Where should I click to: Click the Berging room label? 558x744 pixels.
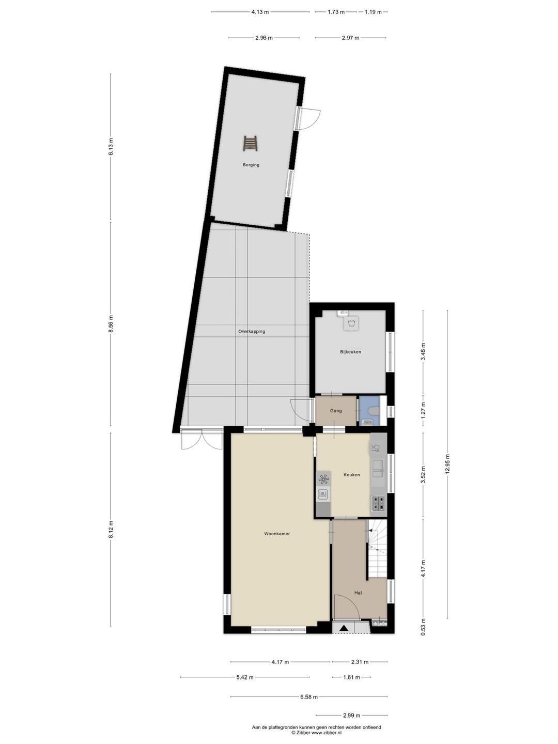pyautogui.click(x=251, y=165)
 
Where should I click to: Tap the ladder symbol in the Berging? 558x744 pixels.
pyautogui.click(x=250, y=144)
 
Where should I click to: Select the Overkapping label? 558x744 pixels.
pyautogui.click(x=252, y=332)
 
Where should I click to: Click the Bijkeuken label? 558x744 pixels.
pyautogui.click(x=350, y=352)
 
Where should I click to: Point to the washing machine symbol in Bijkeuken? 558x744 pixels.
pyautogui.click(x=351, y=323)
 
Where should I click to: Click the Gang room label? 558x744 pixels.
pyautogui.click(x=336, y=411)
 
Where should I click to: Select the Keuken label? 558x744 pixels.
pyautogui.click(x=352, y=475)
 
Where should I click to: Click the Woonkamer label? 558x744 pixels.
pyautogui.click(x=277, y=534)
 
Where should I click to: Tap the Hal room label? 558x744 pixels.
pyautogui.click(x=358, y=593)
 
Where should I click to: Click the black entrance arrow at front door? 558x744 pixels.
pyautogui.click(x=344, y=628)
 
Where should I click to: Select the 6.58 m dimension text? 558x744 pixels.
pyautogui.click(x=309, y=697)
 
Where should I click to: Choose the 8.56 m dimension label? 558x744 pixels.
pyautogui.click(x=111, y=324)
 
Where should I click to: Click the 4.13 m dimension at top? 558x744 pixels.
pyautogui.click(x=260, y=12)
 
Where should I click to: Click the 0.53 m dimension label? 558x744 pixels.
pyautogui.click(x=423, y=627)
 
